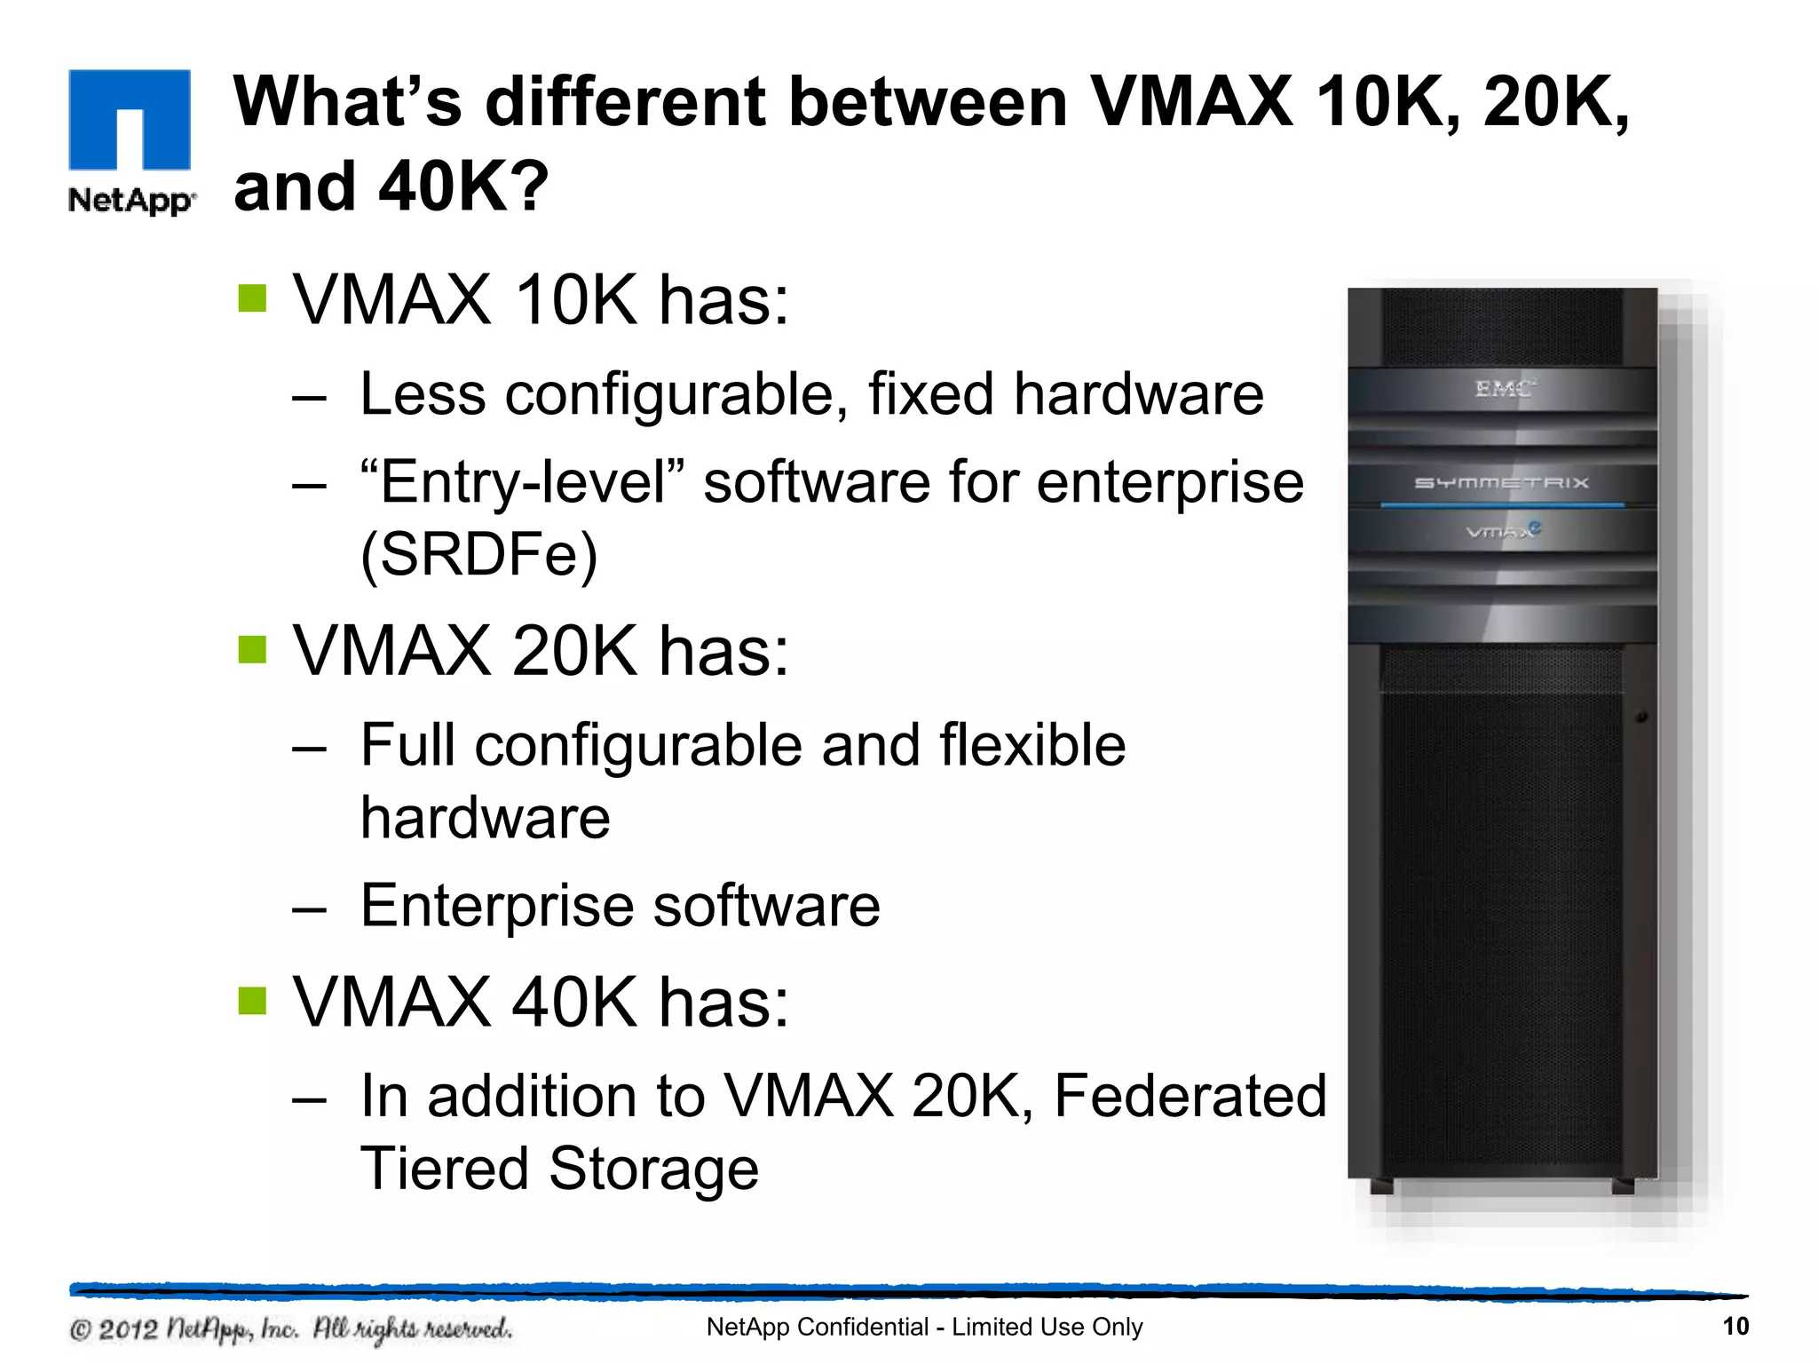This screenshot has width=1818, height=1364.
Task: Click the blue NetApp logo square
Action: (130, 119)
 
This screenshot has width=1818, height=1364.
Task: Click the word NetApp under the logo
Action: (130, 201)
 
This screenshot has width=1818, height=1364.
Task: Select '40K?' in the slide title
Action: (462, 187)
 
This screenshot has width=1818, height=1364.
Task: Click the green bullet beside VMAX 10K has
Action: (252, 299)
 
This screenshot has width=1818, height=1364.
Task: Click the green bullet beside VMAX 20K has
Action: (252, 650)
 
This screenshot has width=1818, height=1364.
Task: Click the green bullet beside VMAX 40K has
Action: (252, 1001)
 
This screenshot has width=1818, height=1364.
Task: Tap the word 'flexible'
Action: (1032, 745)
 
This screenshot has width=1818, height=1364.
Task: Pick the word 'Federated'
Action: (1190, 1096)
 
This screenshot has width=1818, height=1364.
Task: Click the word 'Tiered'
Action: (444, 1169)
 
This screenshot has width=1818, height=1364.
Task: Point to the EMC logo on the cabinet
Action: (1503, 389)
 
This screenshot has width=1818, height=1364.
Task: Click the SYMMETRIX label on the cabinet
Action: (1501, 483)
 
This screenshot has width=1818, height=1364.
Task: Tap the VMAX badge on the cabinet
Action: (1503, 531)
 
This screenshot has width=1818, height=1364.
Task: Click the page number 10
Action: (1735, 1327)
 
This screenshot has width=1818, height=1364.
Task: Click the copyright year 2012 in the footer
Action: (127, 1329)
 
